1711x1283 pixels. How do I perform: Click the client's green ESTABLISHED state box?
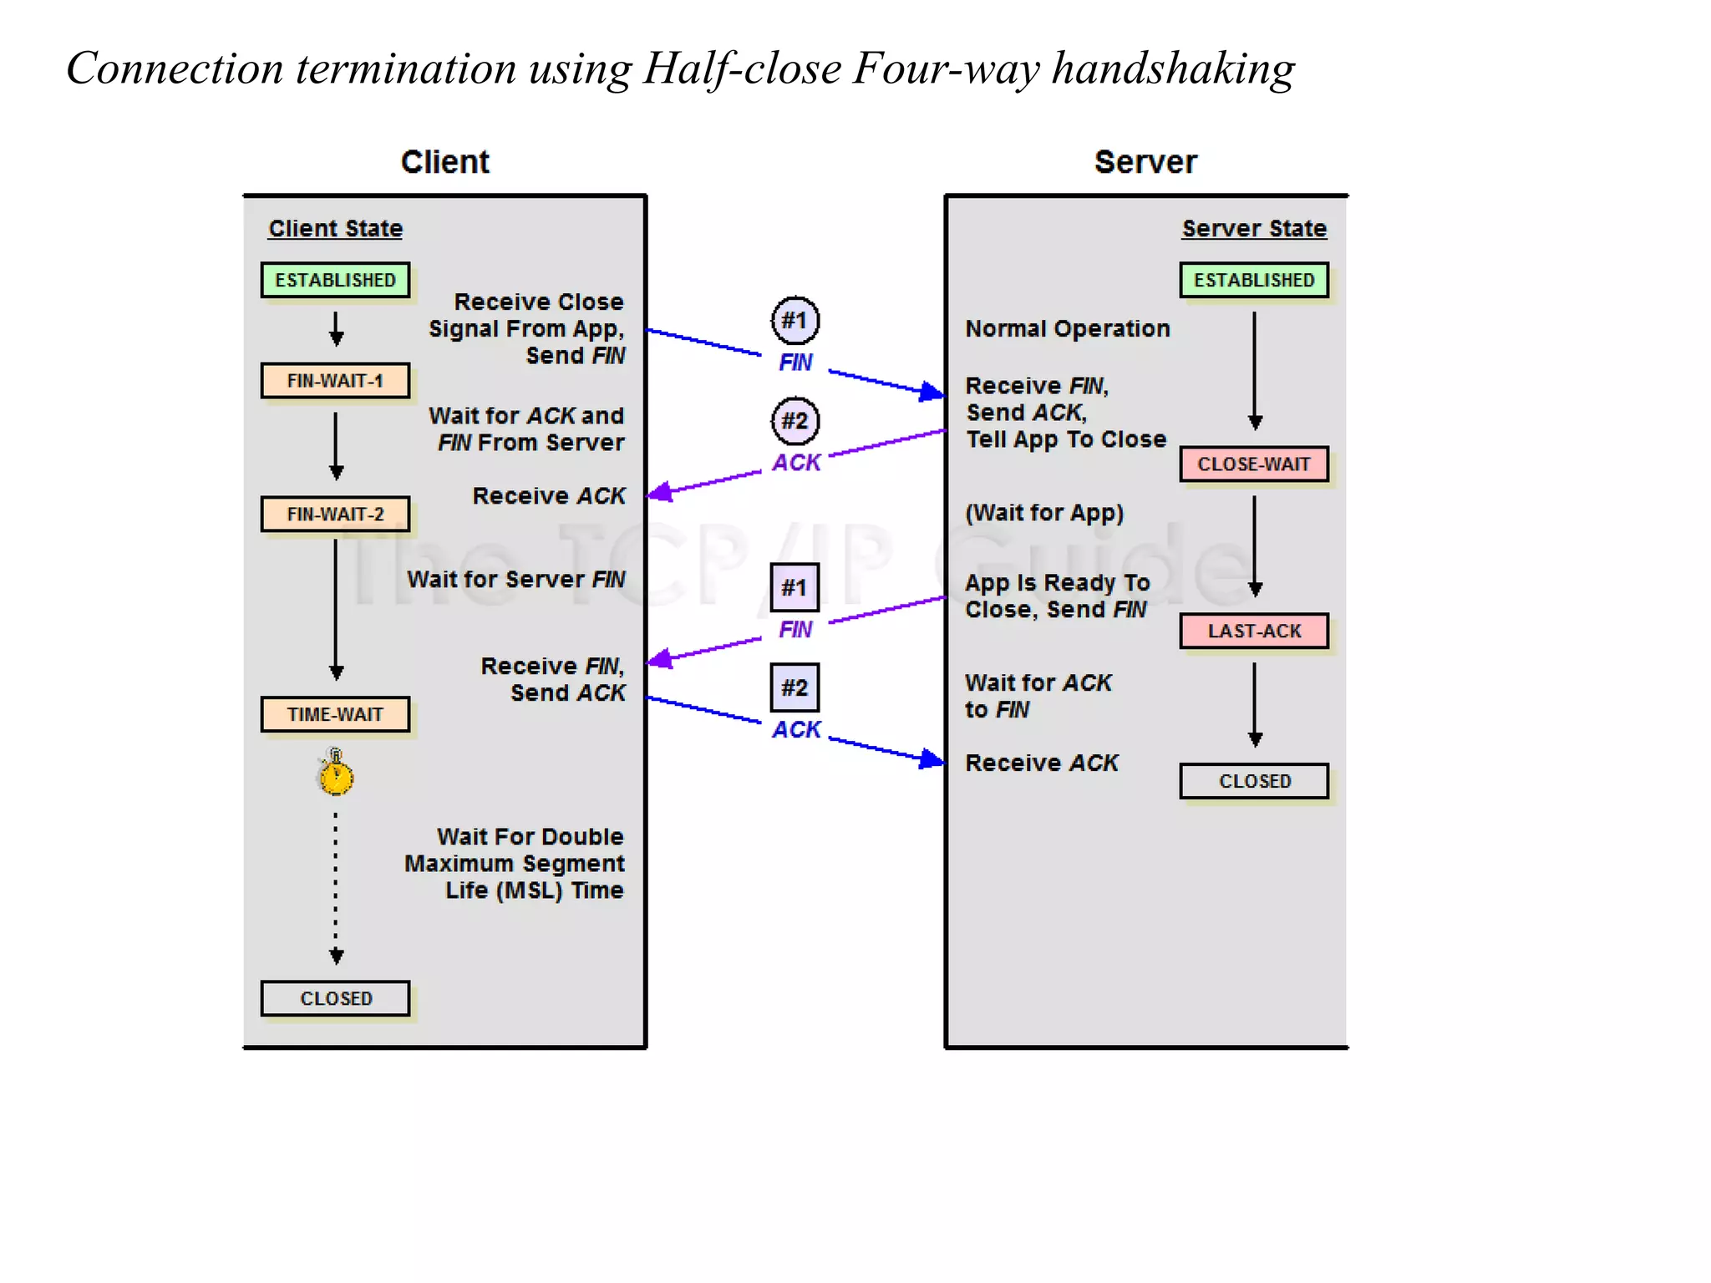pos(335,280)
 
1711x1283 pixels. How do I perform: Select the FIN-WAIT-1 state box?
pos(335,381)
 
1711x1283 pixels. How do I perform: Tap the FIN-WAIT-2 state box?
pos(335,514)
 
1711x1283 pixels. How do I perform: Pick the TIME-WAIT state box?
pos(335,714)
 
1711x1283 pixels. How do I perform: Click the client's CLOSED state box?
pos(335,998)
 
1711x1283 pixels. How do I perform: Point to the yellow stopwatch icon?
pos(336,773)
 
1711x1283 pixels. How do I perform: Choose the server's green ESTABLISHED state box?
pos(1254,280)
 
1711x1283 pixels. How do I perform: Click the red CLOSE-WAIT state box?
pos(1254,464)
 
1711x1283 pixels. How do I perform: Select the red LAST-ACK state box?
pos(1254,631)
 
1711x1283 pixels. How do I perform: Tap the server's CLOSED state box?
pos(1254,781)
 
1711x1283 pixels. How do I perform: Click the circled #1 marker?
pos(795,321)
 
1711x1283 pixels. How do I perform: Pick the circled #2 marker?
pos(795,421)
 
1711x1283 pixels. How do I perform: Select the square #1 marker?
pos(795,587)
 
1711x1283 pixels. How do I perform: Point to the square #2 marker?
pos(795,687)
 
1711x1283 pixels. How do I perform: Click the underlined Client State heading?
pos(335,228)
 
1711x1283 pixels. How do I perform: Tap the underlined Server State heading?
pos(1254,228)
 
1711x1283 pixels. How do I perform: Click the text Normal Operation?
pos(1068,328)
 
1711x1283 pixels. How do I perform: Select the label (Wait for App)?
pos(1044,512)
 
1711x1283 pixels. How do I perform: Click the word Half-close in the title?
pos(742,68)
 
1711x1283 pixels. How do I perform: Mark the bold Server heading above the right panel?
pos(1145,162)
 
